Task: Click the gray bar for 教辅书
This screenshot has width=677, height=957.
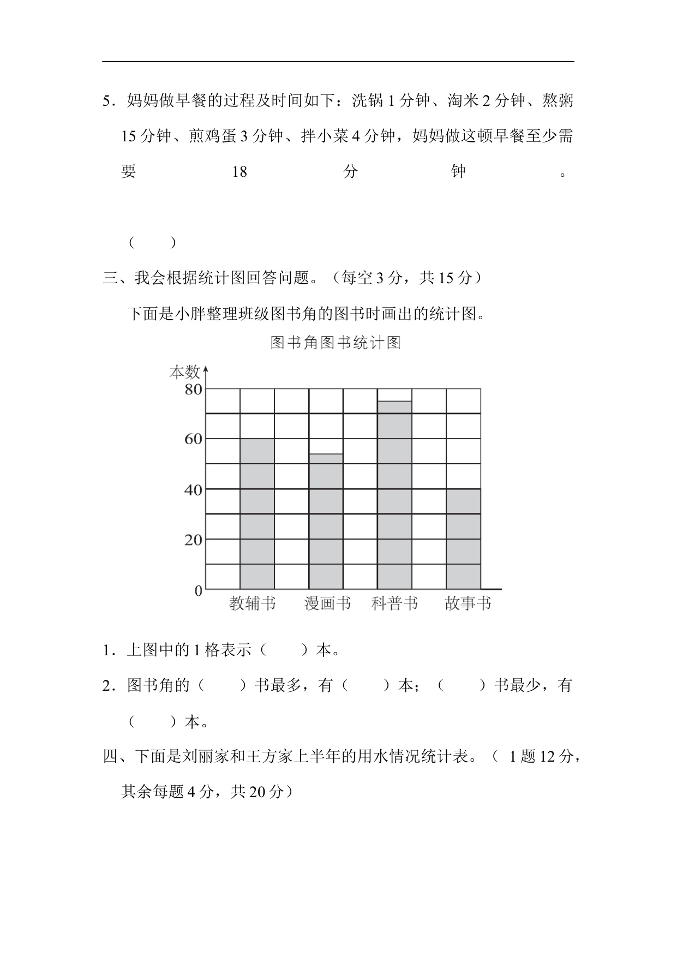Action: click(x=257, y=513)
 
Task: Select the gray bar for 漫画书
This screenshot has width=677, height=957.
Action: click(x=326, y=521)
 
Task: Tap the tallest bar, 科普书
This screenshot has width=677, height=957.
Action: click(x=394, y=495)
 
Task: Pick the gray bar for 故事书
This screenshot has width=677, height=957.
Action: click(x=463, y=539)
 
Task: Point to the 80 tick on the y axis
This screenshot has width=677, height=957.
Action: click(x=193, y=390)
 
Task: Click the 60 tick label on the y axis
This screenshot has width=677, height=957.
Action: click(x=193, y=439)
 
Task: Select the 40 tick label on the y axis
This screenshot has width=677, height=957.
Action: click(x=193, y=490)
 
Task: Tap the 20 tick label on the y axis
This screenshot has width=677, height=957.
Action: click(x=193, y=540)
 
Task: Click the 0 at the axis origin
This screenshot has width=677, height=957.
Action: click(x=199, y=591)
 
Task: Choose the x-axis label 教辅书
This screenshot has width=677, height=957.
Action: click(x=253, y=603)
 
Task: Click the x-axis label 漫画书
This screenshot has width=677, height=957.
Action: click(x=327, y=603)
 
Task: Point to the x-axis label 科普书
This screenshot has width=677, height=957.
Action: click(x=394, y=603)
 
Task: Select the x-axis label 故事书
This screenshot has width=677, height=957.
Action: click(x=468, y=603)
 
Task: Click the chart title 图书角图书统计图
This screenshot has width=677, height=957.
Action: click(x=335, y=343)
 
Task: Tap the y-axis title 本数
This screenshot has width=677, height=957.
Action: click(x=184, y=372)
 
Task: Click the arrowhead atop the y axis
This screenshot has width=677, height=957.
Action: click(x=206, y=371)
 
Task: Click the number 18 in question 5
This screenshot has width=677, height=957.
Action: click(x=239, y=172)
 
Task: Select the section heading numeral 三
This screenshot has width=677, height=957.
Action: click(x=110, y=278)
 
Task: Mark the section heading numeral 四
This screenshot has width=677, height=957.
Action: click(x=110, y=757)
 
